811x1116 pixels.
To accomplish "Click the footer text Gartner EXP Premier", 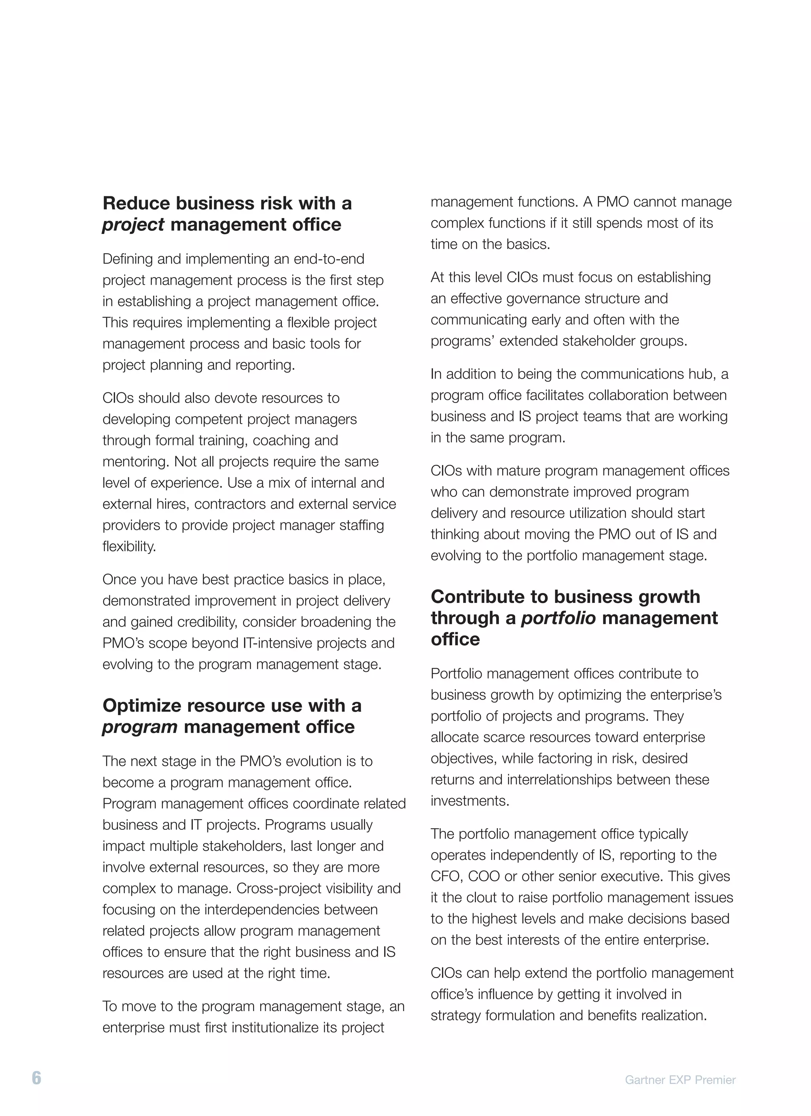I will point(680,1080).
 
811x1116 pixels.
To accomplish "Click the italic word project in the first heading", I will point(133,225).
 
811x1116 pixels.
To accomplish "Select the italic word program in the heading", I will point(140,727).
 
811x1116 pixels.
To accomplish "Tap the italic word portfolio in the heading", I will point(558,618).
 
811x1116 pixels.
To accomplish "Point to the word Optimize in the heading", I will point(141,705).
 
